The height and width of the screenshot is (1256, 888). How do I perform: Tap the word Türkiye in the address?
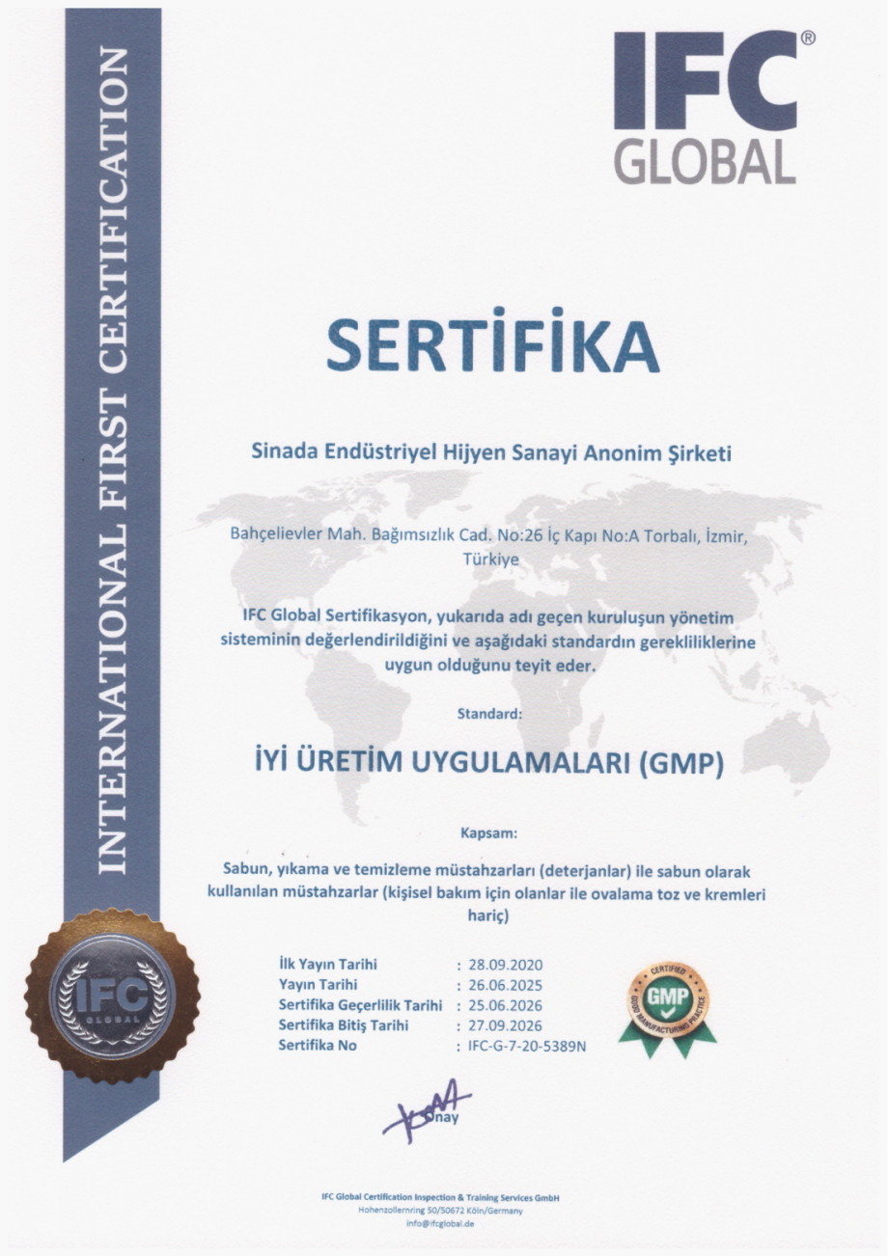[x=491, y=559]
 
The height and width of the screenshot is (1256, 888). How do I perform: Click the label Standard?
[x=490, y=715]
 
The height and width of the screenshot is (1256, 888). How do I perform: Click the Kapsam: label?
[x=490, y=830]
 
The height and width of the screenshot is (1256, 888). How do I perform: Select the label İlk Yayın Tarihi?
[x=327, y=964]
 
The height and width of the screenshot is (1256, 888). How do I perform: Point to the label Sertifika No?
[x=319, y=1045]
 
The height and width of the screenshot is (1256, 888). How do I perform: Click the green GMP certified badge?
[x=667, y=1003]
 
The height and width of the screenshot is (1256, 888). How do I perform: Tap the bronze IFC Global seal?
[x=112, y=997]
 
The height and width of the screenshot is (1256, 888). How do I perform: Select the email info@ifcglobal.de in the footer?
[x=440, y=1224]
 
